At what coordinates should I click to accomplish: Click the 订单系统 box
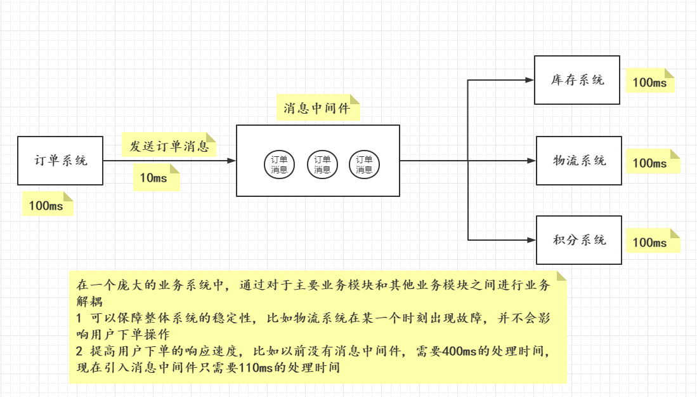click(60, 161)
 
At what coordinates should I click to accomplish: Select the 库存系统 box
click(577, 80)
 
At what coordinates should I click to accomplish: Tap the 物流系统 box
click(579, 161)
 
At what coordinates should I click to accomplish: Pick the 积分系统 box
click(579, 240)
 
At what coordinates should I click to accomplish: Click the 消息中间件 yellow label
click(318, 108)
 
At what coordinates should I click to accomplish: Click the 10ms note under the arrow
click(156, 178)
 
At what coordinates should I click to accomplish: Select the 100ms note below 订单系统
click(47, 205)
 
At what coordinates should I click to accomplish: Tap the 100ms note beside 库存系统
click(650, 82)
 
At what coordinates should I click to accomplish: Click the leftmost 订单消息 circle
click(279, 165)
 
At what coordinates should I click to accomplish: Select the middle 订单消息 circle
click(322, 165)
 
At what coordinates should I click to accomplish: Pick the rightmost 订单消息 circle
click(364, 165)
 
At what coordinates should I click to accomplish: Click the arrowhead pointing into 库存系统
click(530, 80)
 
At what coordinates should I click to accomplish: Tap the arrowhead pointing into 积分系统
click(532, 240)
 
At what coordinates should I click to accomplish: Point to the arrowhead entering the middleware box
click(231, 161)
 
